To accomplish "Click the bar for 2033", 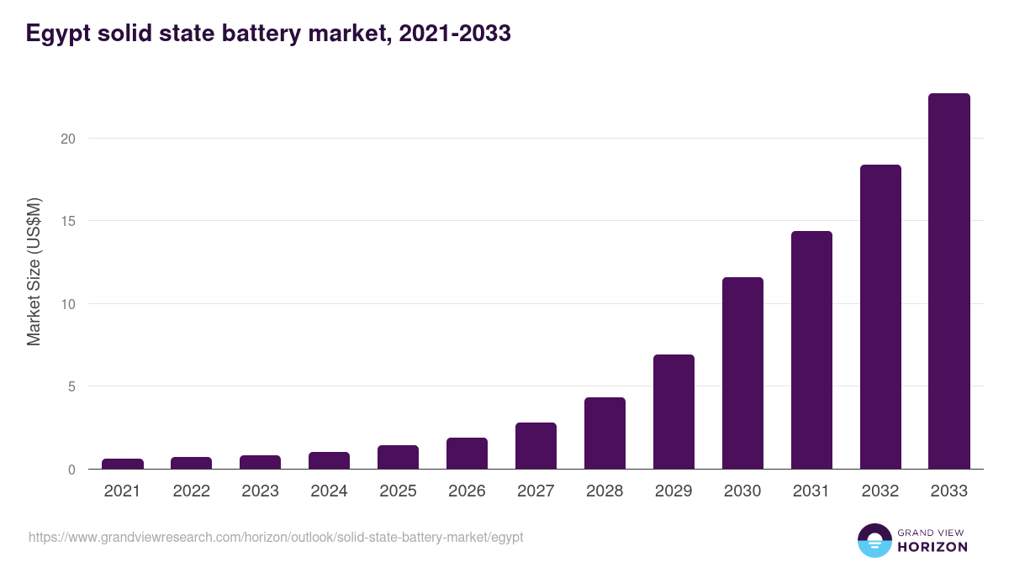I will [949, 281].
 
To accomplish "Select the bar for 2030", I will [742, 373].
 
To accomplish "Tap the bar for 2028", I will [605, 433].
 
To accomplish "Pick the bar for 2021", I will [123, 464].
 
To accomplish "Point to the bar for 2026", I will [467, 454].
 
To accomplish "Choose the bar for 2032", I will [880, 317].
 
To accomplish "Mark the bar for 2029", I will [674, 412].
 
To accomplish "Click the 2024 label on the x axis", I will [329, 491].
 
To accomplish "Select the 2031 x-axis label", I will [811, 491].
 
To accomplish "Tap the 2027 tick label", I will [536, 491].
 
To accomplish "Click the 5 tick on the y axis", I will [71, 386].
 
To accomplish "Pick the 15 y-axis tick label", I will [67, 221].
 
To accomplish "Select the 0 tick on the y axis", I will [71, 470].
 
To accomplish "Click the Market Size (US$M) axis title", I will [34, 271].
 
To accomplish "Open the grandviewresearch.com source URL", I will [276, 537].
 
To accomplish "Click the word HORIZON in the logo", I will [932, 547].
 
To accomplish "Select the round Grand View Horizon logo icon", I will [874, 540].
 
